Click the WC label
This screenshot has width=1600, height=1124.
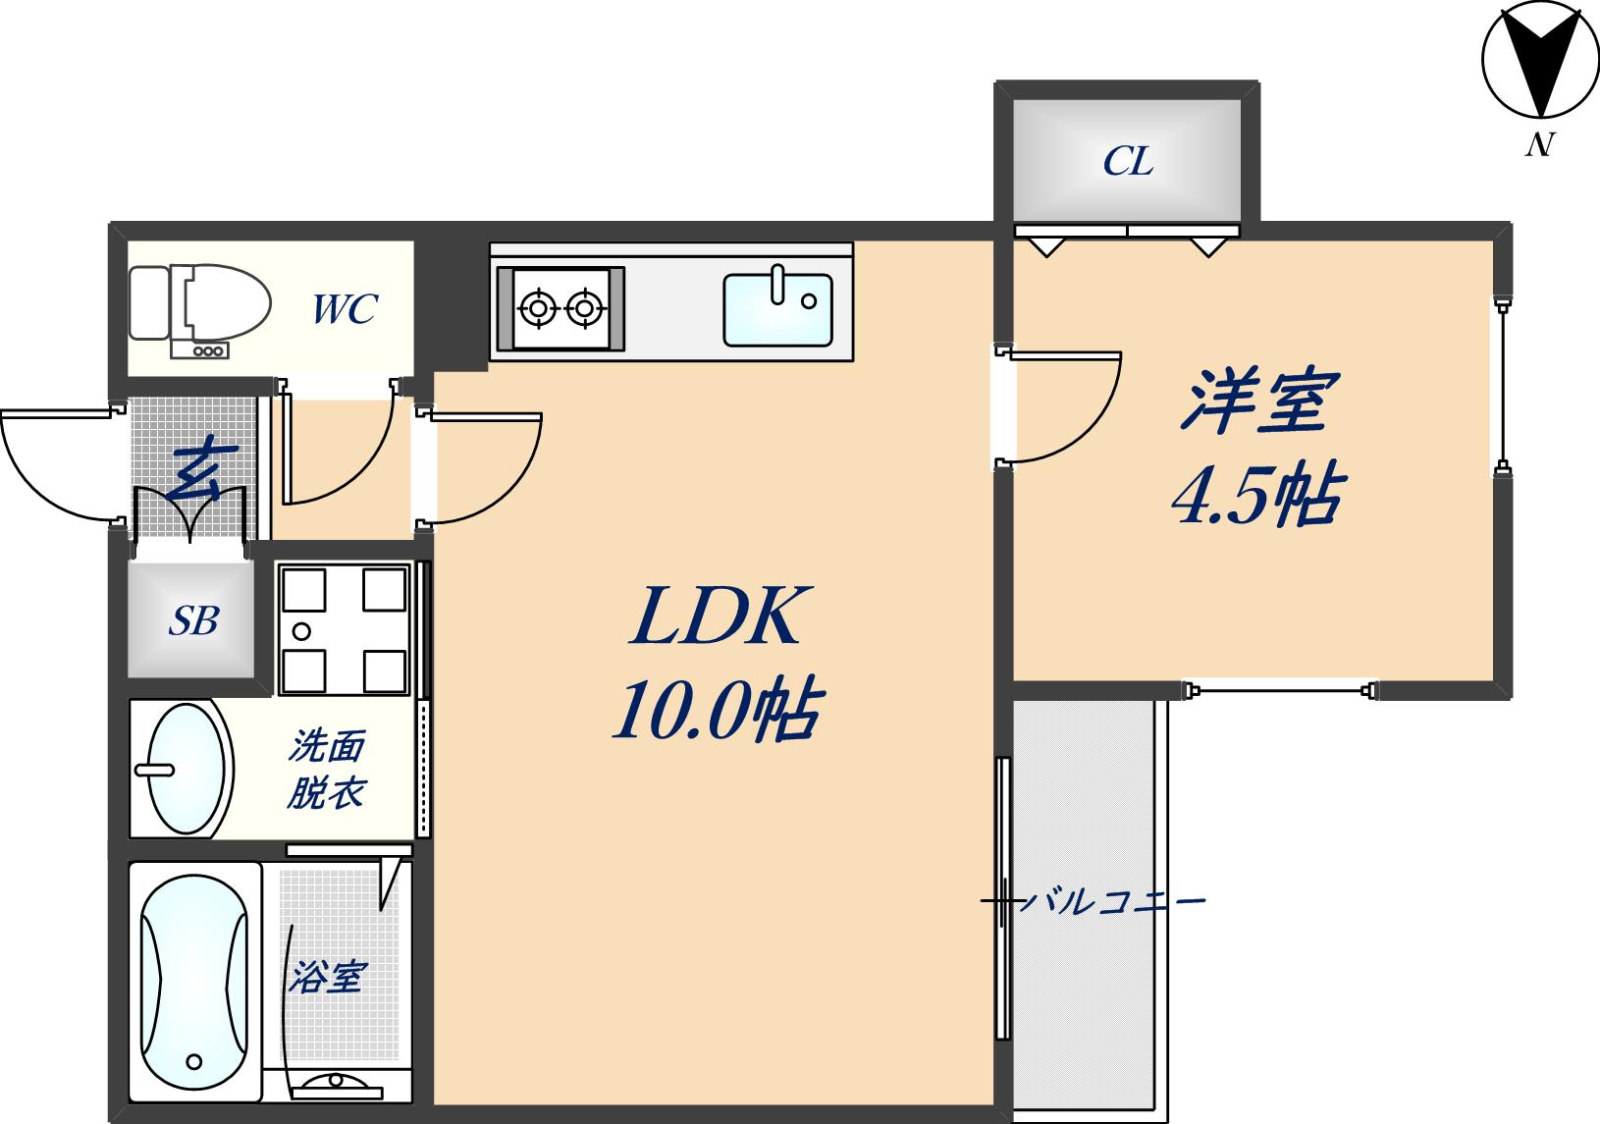pos(345,309)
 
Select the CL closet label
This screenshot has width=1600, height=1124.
pos(1128,161)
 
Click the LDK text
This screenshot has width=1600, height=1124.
pos(716,616)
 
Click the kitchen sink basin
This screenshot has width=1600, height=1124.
pos(777,309)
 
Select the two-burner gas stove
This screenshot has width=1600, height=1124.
pos(560,308)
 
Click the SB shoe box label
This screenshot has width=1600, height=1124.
pos(193,620)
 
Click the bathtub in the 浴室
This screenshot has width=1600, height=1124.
pos(194,982)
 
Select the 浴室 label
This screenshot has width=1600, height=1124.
pos(328,977)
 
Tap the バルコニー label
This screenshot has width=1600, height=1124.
pos(1111,900)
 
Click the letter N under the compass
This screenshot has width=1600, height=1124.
pos(1538,145)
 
